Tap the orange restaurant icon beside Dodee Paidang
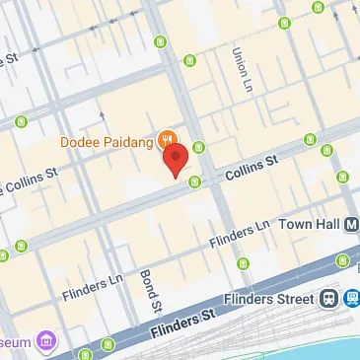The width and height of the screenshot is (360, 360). click(x=168, y=140)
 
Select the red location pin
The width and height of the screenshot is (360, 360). click(x=176, y=158)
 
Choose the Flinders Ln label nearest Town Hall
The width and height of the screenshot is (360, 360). click(x=239, y=234)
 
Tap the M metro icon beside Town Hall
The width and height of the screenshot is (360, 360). click(x=352, y=225)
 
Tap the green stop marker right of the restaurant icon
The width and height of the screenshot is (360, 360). click(x=199, y=148)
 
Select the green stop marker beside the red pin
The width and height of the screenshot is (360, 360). click(x=194, y=180)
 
